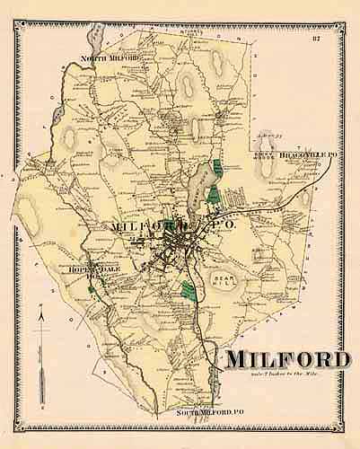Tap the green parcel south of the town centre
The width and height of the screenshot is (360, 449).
pos(187,290)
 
